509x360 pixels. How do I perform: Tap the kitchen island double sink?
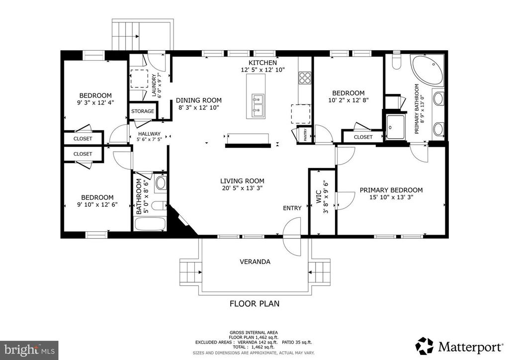pos(257,105)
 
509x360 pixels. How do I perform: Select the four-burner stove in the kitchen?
pos(304,78)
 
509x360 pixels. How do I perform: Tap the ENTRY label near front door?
pos(292,208)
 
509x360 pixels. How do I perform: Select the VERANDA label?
pos(255,262)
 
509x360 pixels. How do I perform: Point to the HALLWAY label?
pos(149,134)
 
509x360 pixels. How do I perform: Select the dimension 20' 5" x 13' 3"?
pos(242,188)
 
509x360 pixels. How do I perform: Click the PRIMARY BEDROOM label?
pos(391,190)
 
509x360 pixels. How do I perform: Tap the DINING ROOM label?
pos(199,100)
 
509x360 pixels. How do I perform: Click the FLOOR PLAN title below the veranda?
pos(254,303)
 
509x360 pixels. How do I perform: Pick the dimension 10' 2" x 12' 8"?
pos(348,100)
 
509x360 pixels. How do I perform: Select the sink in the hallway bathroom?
pos(161,184)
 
